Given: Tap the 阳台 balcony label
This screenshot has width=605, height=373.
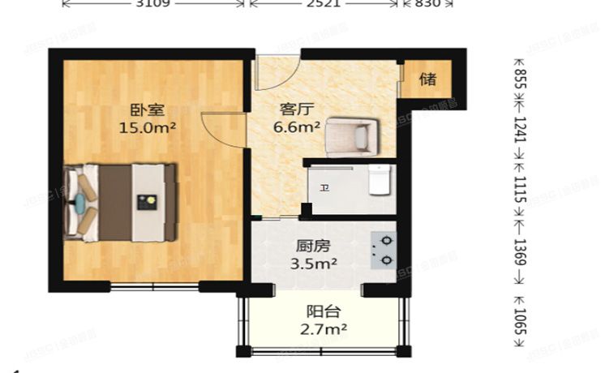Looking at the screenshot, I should pyautogui.click(x=323, y=312).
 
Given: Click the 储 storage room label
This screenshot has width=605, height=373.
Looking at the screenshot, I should pyautogui.click(x=428, y=79).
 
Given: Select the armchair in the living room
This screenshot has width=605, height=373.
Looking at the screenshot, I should pyautogui.click(x=350, y=136).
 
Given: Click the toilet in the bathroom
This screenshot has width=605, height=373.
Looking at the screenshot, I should pyautogui.click(x=380, y=181).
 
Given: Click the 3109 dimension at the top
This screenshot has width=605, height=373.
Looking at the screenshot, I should pyautogui.click(x=152, y=4).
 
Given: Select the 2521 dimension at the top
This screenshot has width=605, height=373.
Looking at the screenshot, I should pyautogui.click(x=324, y=4).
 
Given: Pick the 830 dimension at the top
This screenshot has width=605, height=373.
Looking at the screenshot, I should pyautogui.click(x=427, y=4).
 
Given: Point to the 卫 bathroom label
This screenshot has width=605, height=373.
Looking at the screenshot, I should pyautogui.click(x=324, y=190).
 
